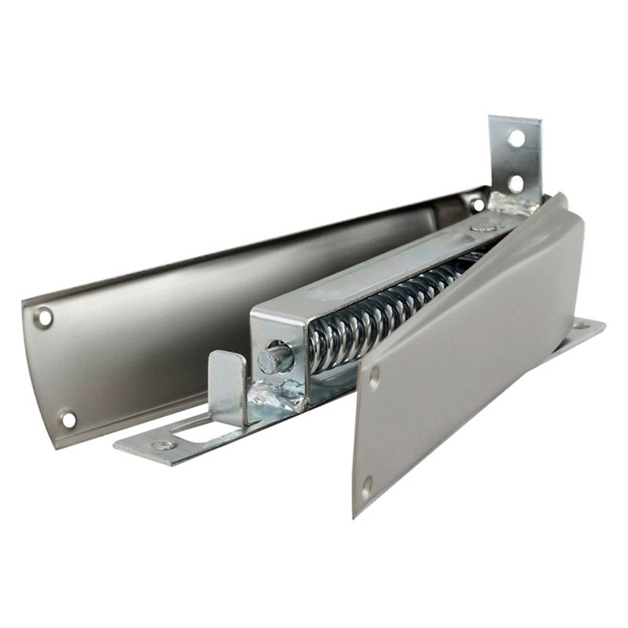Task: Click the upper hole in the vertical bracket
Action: point(516,138)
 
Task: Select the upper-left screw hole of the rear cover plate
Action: point(44,317)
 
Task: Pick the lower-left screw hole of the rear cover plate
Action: point(68,419)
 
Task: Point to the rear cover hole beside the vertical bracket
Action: point(478,205)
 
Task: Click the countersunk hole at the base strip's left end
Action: point(163,445)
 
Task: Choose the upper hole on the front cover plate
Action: point(373,377)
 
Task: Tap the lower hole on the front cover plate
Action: point(366,487)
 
